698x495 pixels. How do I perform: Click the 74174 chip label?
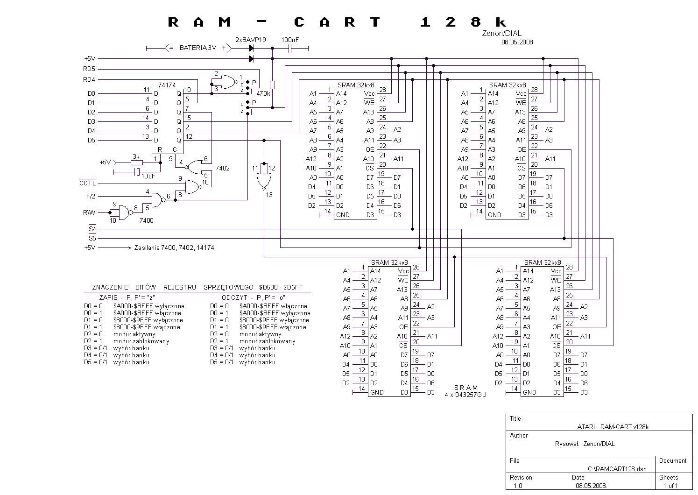click(167, 85)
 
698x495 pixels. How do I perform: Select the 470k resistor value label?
click(263, 93)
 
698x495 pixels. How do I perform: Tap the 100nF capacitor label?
click(290, 40)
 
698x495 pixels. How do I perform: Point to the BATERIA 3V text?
click(198, 48)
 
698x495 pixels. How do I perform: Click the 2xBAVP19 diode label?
click(251, 40)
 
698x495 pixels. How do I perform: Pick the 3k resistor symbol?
click(136, 163)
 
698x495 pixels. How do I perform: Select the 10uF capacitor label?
click(148, 176)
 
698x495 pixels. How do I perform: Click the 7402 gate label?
click(223, 168)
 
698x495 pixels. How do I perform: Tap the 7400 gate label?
click(147, 221)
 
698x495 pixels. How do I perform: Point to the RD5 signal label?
click(89, 69)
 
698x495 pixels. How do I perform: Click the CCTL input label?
click(88, 183)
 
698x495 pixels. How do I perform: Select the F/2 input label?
click(91, 197)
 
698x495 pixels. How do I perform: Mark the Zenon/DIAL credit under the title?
click(502, 33)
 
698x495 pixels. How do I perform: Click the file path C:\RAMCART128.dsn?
click(617, 469)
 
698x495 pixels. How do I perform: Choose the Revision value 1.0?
click(518, 486)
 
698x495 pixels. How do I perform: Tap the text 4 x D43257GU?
click(465, 395)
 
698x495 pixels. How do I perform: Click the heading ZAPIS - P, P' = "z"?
click(127, 297)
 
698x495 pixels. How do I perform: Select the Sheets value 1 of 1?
click(670, 486)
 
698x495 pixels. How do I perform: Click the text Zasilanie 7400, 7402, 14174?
click(174, 248)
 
